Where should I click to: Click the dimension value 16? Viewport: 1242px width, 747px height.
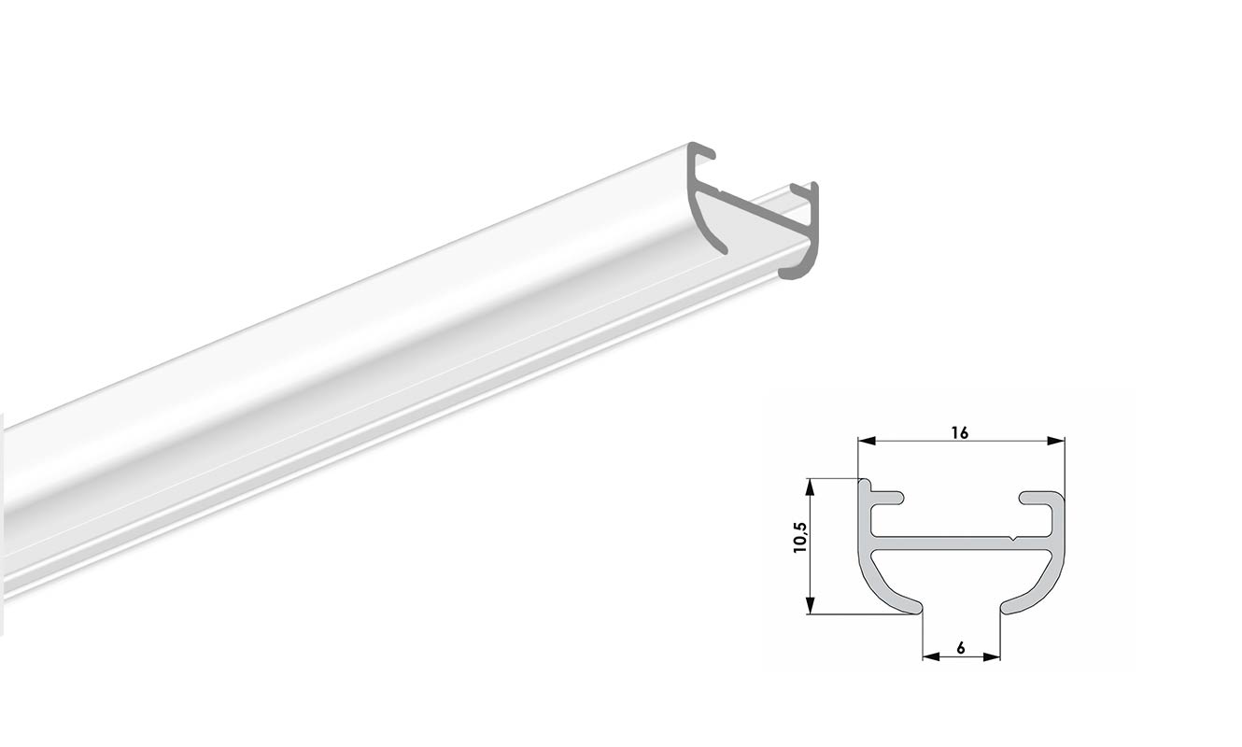(960, 431)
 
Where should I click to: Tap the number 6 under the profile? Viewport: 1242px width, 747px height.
(961, 646)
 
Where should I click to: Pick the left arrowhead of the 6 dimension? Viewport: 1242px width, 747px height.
(928, 657)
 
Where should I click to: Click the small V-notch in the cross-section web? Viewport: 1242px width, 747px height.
(1012, 540)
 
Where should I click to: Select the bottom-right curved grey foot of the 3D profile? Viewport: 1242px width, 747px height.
(796, 271)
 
